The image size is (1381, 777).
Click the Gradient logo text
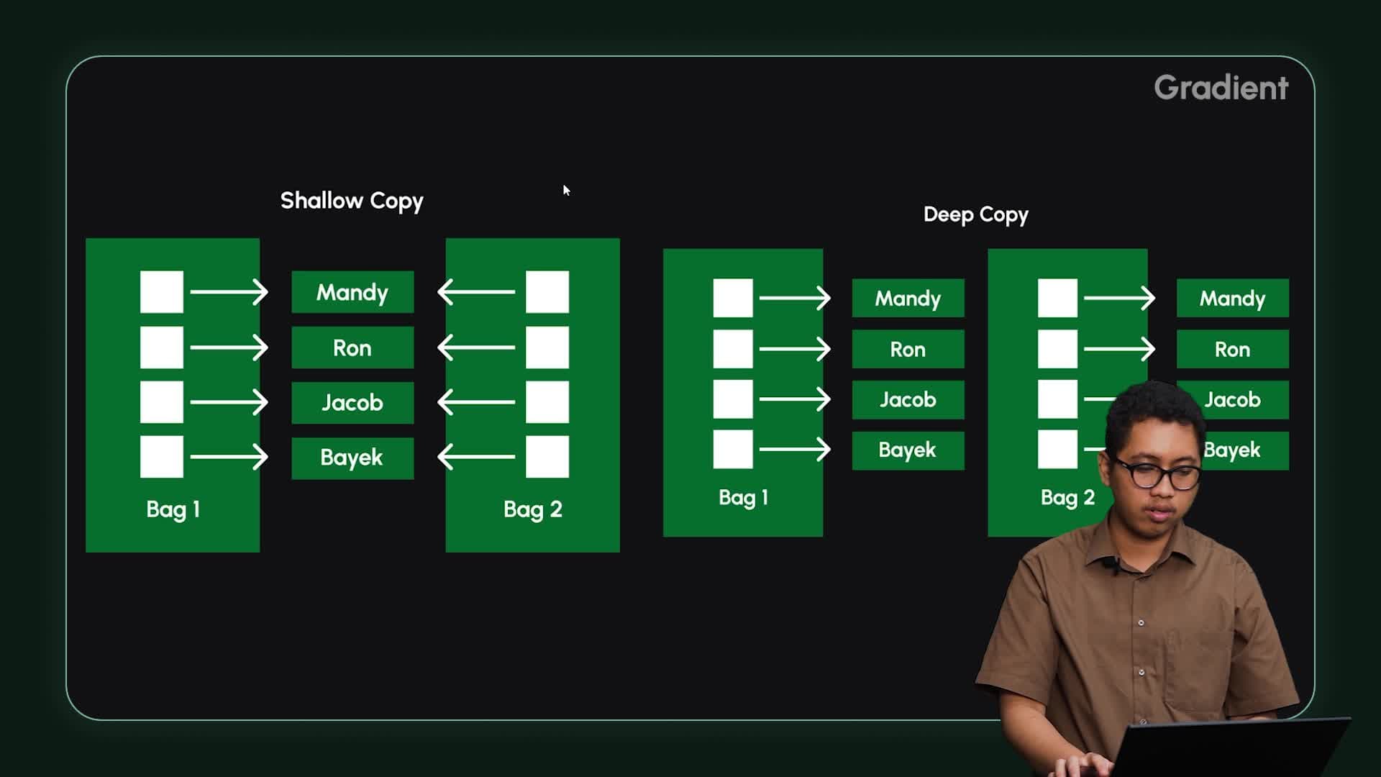tap(1221, 88)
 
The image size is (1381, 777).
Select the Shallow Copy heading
tap(352, 201)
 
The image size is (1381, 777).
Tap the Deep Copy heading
tap(975, 214)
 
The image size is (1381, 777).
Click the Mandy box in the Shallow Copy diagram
tap(352, 292)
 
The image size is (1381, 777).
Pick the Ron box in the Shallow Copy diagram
tap(352, 348)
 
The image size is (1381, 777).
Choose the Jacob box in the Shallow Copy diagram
tap(352, 403)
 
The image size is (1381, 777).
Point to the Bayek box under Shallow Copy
tap(352, 458)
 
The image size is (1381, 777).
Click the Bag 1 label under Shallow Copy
tap(173, 509)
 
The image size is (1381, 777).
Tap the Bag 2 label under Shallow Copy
tap(532, 509)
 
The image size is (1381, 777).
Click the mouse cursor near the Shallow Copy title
tap(566, 190)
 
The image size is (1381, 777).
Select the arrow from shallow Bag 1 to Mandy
tap(229, 292)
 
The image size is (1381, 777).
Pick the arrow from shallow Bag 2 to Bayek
tap(476, 457)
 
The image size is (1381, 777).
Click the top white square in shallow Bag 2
tap(547, 292)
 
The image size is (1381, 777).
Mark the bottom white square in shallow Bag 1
tap(162, 457)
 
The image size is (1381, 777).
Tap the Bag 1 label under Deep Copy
tap(743, 498)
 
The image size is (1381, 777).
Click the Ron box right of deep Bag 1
tap(908, 350)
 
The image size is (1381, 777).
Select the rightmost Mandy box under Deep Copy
tap(1232, 299)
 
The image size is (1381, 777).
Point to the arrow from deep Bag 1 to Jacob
tap(795, 399)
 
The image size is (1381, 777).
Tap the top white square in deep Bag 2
tap(1057, 299)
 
